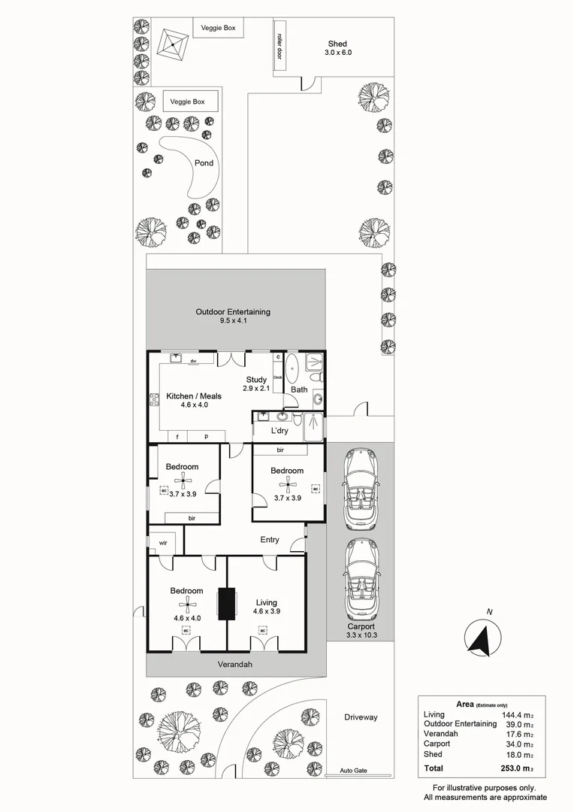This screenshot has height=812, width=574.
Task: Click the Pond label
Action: [204, 163]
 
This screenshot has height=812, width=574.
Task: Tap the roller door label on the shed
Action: [279, 46]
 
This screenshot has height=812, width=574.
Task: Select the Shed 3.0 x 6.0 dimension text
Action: [338, 53]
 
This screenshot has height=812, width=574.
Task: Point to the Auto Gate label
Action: [354, 771]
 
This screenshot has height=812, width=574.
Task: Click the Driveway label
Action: [361, 717]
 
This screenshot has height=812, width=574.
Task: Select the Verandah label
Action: [234, 665]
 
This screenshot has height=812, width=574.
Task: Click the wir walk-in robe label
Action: [162, 542]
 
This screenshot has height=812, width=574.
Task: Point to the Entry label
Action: [270, 540]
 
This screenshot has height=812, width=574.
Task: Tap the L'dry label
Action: [279, 431]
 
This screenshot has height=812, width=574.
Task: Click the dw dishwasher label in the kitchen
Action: [193, 362]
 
